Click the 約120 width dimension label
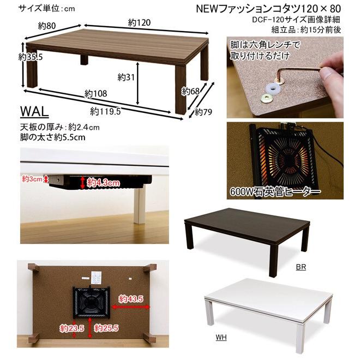point(139,22)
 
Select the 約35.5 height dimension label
point(30,56)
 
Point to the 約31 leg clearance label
point(126,77)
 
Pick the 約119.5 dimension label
point(106,111)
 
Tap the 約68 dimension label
point(190,92)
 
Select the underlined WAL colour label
point(34,112)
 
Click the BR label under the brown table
point(301,267)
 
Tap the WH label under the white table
point(221,338)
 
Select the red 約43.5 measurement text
point(131,299)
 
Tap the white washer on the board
point(272,86)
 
